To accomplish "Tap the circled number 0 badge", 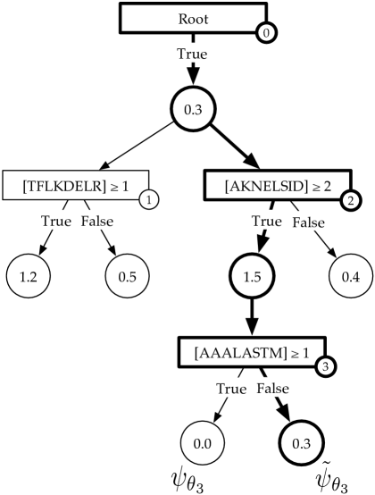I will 266,33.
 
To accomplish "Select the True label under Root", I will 192,54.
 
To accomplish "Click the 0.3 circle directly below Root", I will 193,109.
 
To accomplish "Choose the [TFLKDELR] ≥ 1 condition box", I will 74,187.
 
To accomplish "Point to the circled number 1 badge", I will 150,199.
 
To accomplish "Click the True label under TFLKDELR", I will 56,221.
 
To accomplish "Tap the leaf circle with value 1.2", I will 28,276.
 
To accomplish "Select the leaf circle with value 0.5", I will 127,276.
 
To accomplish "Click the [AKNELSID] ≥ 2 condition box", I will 278,187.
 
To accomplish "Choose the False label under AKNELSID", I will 309,222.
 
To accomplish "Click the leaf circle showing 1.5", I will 252,276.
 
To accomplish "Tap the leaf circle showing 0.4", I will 351,276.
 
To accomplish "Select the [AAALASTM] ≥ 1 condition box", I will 252,352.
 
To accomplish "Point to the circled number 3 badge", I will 327,366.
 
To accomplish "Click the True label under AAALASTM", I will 231,388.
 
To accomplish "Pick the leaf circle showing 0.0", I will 202,443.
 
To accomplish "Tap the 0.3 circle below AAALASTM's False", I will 302,443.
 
